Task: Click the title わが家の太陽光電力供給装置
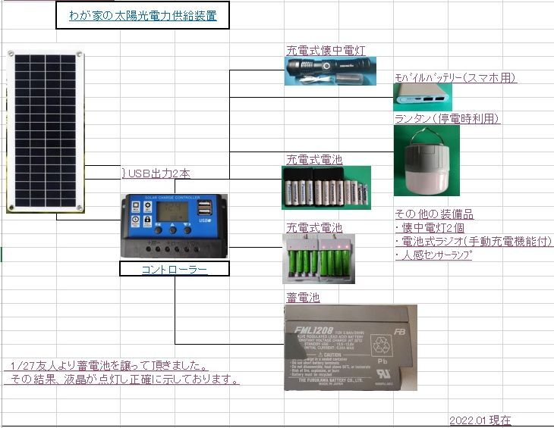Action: click(143, 15)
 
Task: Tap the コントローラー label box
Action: click(175, 269)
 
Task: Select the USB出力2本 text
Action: click(158, 173)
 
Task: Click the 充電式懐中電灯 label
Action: click(326, 51)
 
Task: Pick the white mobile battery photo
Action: click(422, 97)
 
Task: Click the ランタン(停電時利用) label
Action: click(447, 118)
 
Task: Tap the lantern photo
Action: click(426, 160)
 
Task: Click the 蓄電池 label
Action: click(302, 298)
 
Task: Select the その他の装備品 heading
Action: click(434, 214)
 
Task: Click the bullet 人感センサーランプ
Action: click(436, 255)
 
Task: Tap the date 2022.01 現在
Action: click(480, 420)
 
